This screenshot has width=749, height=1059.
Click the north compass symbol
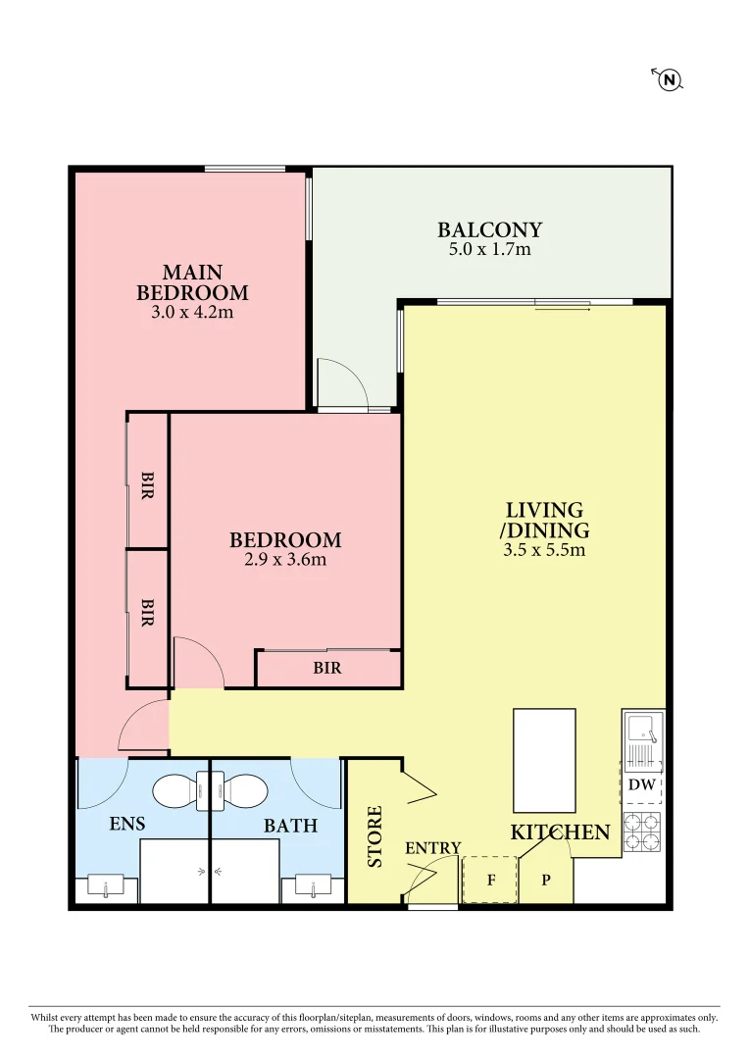(669, 79)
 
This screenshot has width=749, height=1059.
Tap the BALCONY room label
(489, 230)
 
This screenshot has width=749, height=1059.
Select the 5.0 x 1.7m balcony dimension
(489, 250)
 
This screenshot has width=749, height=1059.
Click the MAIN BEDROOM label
(192, 282)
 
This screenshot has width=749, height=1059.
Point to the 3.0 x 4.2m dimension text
(192, 314)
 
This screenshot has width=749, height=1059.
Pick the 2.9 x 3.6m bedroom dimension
(285, 561)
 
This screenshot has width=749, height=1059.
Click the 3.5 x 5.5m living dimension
(544, 550)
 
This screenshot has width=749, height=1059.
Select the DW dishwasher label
(642, 785)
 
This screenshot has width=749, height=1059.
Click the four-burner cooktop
(643, 832)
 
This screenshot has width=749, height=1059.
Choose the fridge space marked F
(489, 880)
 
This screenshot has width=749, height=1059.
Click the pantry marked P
(545, 880)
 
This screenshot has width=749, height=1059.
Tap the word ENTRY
(432, 848)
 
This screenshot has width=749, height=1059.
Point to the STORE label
(374, 836)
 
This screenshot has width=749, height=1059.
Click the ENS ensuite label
(127, 825)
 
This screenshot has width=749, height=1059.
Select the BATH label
(290, 826)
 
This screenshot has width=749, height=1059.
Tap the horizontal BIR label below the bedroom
(327, 669)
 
